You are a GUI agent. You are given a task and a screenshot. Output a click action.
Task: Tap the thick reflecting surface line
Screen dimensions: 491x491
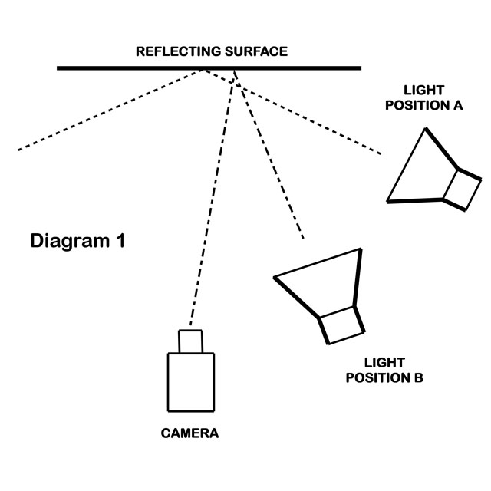pyautogui.click(x=209, y=68)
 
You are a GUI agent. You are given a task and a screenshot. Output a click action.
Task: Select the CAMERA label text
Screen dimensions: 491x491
pyautogui.click(x=189, y=433)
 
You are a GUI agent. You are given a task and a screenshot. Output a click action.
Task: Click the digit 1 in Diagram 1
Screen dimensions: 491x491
pyautogui.click(x=120, y=241)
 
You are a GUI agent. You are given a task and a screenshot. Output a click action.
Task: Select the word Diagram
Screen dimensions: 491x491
pyautogui.click(x=70, y=242)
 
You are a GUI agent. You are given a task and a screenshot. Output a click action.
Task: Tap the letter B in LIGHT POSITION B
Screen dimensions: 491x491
pyautogui.click(x=418, y=377)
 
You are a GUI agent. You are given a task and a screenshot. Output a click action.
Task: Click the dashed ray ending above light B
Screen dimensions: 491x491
pyautogui.click(x=269, y=154)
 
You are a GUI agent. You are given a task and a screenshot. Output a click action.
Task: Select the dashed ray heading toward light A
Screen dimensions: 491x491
pyautogui.click(x=292, y=112)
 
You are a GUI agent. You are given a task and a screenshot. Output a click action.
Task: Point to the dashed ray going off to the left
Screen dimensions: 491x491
pyautogui.click(x=111, y=110)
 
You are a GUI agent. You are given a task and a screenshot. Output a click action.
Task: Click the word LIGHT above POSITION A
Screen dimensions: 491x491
pyautogui.click(x=423, y=91)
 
